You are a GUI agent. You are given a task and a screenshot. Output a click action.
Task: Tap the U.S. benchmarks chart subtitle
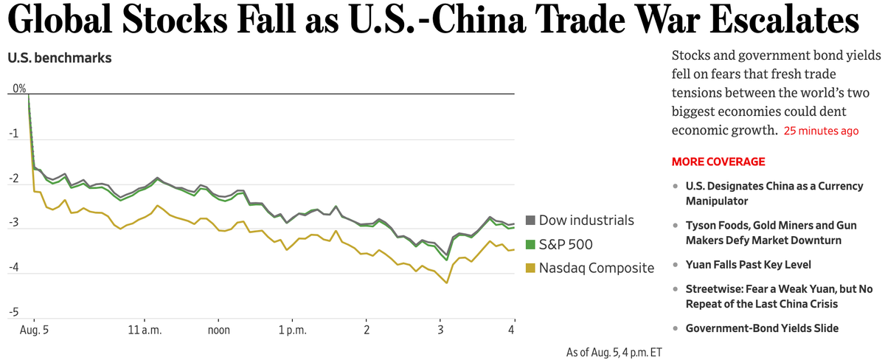point(59,57)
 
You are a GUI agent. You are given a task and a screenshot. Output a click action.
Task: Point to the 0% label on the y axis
point(18,89)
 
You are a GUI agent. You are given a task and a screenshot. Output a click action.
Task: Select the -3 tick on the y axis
point(13,224)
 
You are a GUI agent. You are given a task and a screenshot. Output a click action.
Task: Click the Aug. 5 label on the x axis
point(34,330)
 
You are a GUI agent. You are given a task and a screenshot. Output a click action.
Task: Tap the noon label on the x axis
point(218,330)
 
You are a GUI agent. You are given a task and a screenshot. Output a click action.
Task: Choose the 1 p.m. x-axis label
point(292,330)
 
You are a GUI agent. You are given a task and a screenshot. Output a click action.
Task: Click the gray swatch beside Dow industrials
point(530,221)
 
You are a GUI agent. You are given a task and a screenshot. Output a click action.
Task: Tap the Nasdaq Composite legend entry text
point(596,268)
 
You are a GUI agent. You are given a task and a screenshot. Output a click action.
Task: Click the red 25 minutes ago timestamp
point(821,131)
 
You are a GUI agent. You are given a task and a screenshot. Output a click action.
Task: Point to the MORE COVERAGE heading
point(718,162)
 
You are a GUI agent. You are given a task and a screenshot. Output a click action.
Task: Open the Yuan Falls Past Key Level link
point(749,264)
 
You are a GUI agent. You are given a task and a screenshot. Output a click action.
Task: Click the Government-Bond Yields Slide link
point(762,328)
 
